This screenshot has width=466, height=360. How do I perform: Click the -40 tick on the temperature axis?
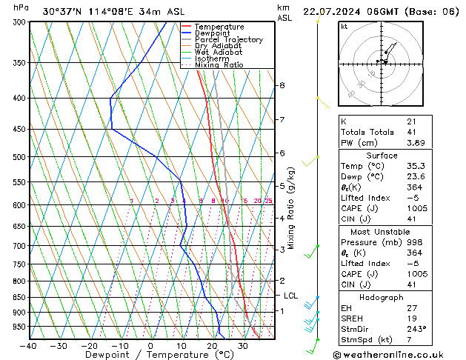click(x=29, y=346)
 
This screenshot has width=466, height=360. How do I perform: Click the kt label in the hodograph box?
click(x=344, y=26)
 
